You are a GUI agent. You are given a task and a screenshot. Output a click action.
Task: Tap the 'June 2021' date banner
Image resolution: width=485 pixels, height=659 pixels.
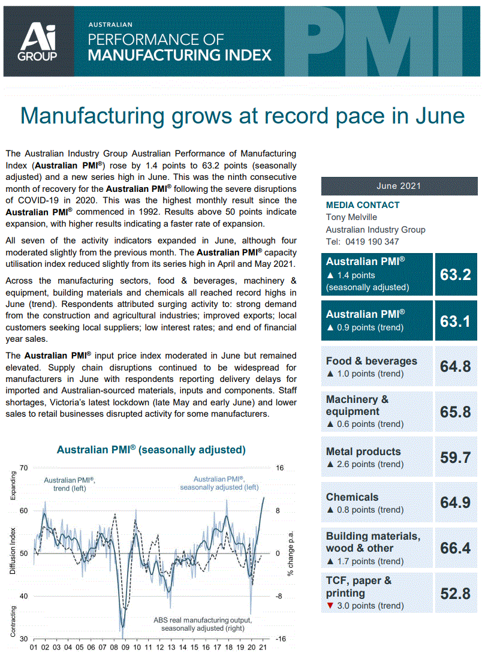coord(399,186)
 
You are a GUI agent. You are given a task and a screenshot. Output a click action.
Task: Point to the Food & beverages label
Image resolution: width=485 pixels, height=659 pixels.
coord(371,361)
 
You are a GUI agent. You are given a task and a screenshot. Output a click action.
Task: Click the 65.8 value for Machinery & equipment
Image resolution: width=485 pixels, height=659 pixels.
coord(455,412)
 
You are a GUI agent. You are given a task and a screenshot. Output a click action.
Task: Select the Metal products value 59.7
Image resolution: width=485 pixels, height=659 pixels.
coord(455,458)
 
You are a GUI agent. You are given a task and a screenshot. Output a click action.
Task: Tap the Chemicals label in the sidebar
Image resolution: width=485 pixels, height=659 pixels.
coord(352,497)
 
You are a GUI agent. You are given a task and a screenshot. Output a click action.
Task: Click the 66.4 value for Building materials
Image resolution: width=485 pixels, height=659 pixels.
coord(455,548)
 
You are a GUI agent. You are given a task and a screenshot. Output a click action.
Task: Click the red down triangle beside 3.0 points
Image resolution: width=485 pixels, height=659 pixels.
coord(329,606)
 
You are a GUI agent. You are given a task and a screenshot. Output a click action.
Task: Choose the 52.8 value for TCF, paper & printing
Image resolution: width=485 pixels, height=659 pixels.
coord(455,594)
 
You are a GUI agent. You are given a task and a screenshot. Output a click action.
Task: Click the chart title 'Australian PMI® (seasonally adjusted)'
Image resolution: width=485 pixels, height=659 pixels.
coord(151,450)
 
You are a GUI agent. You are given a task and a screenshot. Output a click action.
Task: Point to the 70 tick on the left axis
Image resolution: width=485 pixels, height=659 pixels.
coord(24,468)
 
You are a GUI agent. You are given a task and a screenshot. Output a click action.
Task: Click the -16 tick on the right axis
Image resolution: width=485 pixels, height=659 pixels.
coord(279,639)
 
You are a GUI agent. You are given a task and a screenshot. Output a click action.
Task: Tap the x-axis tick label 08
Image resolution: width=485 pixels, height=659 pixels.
coord(113,648)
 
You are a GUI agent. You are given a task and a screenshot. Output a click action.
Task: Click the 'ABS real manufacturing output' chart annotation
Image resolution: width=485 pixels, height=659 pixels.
coord(203,620)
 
